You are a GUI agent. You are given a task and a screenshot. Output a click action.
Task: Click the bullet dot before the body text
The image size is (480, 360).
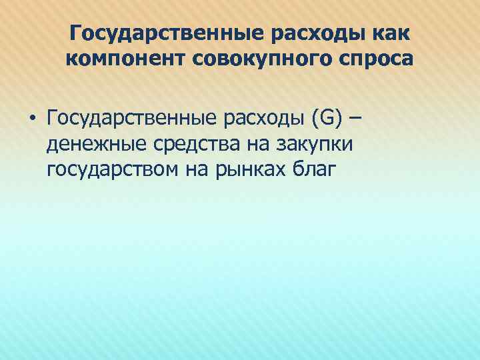click(x=32, y=121)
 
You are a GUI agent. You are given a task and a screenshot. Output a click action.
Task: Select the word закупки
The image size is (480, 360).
click(x=304, y=145)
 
